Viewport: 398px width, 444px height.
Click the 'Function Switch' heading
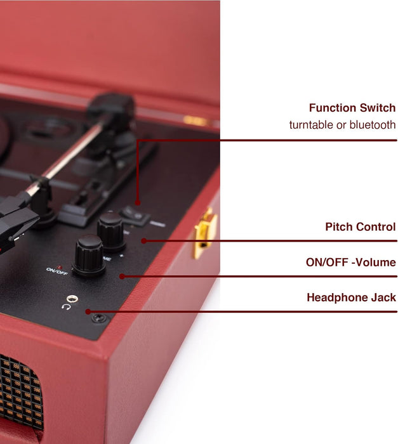pos(352,108)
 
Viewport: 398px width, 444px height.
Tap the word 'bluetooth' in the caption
pos(371,125)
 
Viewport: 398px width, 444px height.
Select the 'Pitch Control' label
pos(360,226)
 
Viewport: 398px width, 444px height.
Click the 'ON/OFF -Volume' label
pos(351,262)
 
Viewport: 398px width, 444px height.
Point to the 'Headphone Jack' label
pos(351,297)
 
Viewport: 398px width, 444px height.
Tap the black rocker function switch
pos(135,215)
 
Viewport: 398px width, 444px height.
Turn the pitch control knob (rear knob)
pos(112,230)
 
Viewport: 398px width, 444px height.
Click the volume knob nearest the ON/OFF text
pos(88,254)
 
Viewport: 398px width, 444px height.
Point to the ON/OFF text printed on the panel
pos(56,270)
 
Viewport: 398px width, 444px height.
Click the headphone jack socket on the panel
pos(74,297)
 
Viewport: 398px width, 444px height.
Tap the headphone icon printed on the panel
pos(66,307)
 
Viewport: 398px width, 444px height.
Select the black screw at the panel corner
pos(98,318)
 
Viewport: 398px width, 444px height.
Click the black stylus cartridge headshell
pos(16,222)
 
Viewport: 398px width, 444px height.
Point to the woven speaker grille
pos(19,396)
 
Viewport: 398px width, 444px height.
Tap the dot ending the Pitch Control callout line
pos(144,240)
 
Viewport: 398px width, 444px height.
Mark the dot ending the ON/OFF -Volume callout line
pos(121,276)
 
